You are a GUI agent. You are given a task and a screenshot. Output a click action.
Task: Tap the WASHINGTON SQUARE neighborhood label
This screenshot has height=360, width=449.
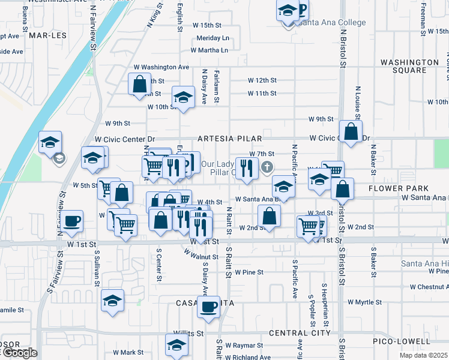point(410,66)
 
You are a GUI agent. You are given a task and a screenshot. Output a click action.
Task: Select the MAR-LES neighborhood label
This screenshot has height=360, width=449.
point(46,35)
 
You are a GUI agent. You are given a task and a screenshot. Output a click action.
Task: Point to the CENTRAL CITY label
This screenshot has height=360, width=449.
point(300,332)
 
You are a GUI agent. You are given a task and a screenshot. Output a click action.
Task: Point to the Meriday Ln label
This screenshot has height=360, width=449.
point(213,38)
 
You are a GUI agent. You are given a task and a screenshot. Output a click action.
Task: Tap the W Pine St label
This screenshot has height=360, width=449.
point(249,272)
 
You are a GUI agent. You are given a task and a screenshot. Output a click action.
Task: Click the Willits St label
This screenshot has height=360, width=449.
point(188,332)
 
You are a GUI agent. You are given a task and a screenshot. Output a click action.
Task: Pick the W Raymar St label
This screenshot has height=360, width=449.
point(243,346)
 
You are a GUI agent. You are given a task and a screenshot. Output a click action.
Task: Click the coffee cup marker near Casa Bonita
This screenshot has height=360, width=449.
point(208,307)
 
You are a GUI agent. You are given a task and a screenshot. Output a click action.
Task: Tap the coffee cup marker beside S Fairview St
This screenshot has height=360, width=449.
point(72,221)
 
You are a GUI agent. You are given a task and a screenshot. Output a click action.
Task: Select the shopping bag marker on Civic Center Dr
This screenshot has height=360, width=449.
point(350,131)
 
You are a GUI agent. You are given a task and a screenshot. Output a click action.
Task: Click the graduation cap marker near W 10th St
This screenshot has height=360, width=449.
point(184,97)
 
